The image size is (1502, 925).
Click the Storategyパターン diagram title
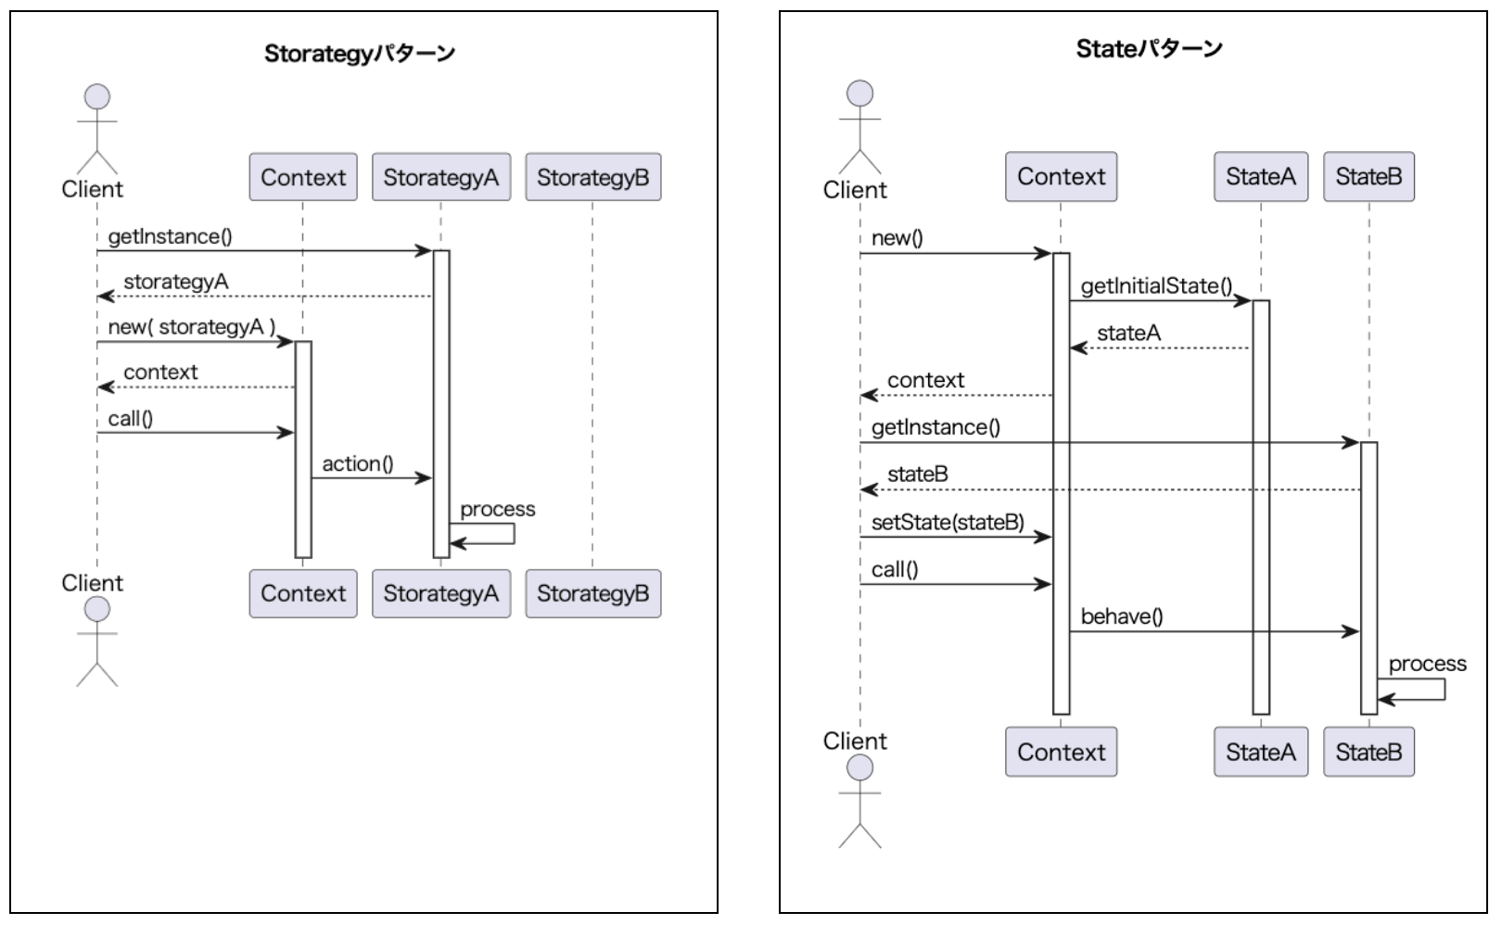tap(360, 54)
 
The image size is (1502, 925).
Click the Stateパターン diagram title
tap(1149, 49)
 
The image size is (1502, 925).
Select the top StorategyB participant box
tap(592, 177)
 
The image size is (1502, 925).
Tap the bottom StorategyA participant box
tap(440, 593)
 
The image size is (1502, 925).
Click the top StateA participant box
tap(1260, 176)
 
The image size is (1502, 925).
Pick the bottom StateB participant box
tap(1368, 752)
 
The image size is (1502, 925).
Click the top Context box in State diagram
tap(1061, 176)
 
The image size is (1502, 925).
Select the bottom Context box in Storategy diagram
tap(302, 593)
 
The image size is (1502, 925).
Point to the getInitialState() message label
tap(1156, 286)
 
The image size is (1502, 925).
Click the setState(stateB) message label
tap(948, 523)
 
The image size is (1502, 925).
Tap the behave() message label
tap(1122, 616)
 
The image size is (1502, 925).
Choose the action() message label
tap(358, 463)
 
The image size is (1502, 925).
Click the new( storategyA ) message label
tap(192, 327)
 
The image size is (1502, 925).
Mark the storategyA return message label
tap(175, 282)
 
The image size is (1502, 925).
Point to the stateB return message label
tap(917, 475)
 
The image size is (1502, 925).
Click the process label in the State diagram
tap(1427, 664)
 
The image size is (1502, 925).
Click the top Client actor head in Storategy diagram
tap(96, 96)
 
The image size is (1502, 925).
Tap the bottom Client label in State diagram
tap(855, 741)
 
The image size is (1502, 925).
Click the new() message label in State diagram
tap(897, 238)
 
